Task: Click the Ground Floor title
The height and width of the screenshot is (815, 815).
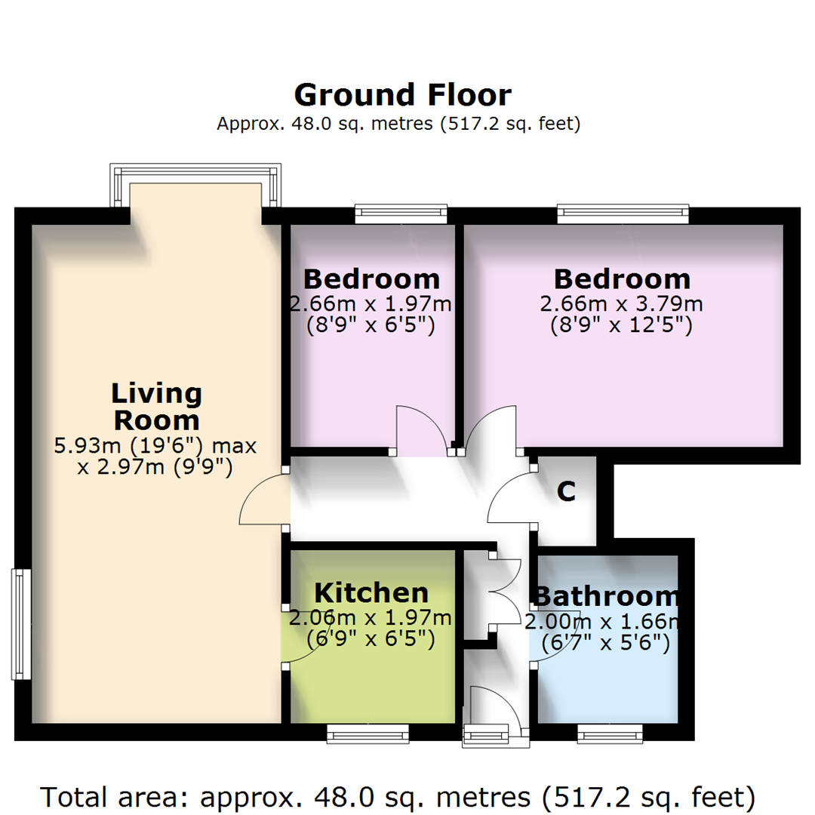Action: coord(402,96)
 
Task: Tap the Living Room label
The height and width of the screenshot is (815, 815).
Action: coord(156,406)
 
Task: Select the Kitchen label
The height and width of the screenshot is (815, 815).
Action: coord(371,592)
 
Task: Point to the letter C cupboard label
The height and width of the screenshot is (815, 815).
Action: coord(566,491)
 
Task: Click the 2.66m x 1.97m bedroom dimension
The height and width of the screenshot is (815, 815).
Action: coord(370,305)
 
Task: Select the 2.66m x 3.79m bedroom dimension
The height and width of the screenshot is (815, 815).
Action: coord(621,305)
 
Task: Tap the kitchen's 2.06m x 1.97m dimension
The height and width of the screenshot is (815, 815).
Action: coord(371,619)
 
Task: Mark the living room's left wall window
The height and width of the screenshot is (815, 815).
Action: coord(20,624)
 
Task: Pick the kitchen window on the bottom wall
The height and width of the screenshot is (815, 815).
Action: coord(368,733)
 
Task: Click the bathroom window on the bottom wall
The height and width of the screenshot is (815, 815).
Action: coord(610,733)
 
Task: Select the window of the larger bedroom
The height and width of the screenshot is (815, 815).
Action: coord(623,214)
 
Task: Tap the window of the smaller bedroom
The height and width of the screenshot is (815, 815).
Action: coord(401,214)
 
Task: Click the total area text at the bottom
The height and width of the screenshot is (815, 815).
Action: coord(398,796)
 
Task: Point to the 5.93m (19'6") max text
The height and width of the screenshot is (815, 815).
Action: coord(155,446)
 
